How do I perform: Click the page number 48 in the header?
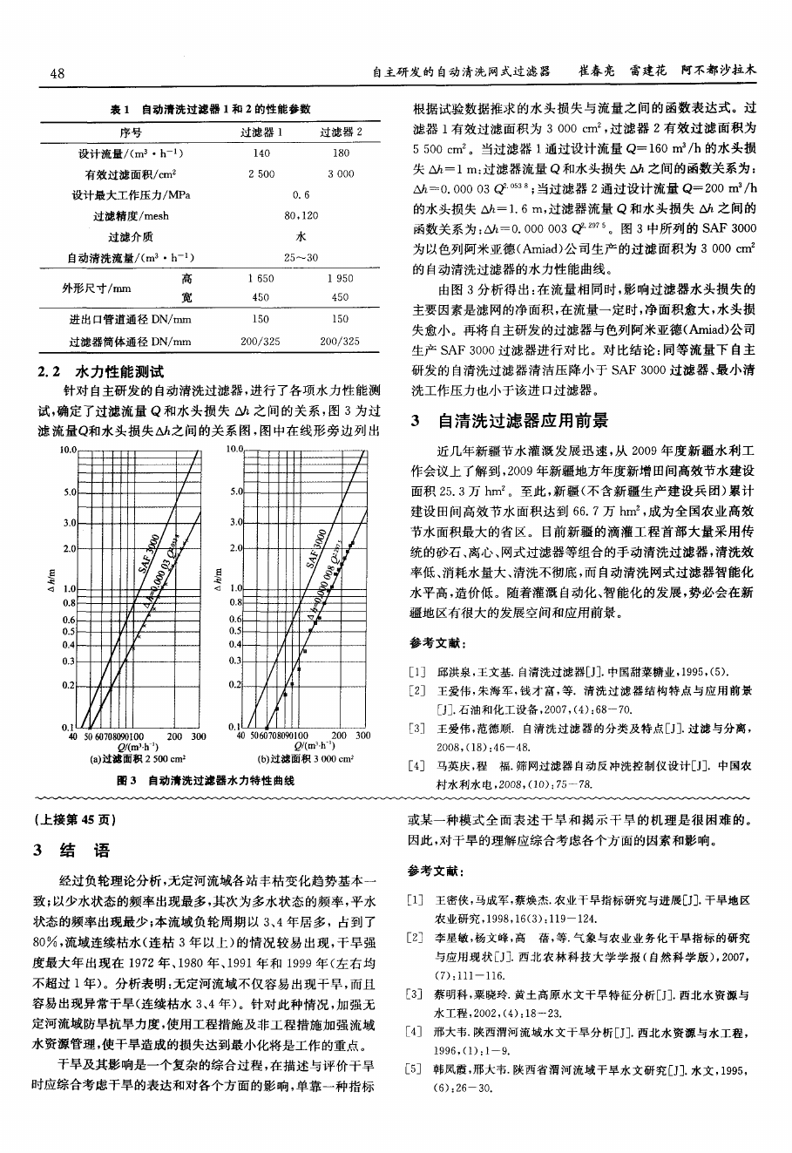(58, 73)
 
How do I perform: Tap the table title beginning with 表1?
(210, 110)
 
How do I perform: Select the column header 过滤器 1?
(261, 132)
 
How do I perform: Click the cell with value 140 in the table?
(261, 153)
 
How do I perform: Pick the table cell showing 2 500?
(261, 173)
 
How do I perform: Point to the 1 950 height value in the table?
(340, 279)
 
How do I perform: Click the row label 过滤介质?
(130, 236)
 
